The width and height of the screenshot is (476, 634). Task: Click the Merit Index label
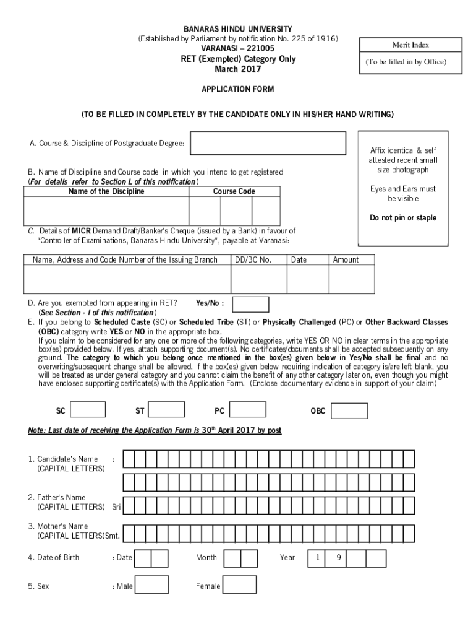pos(410,45)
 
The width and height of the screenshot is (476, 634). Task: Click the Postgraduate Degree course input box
pos(268,143)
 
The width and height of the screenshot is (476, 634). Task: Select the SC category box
pos(88,409)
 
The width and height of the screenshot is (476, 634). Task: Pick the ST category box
pos(167,409)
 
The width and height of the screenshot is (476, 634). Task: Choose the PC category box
pos(248,409)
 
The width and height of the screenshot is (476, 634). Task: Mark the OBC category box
pos(349,410)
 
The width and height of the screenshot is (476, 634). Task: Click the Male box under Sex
pos(151,584)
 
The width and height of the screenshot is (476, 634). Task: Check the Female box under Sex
pos(240,584)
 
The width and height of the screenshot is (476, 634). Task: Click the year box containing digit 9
pos(339,558)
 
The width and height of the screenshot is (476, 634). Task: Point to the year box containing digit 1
pos(317,558)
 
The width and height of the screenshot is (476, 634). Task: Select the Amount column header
pos(346,260)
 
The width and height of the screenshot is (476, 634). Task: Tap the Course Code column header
pos(234,191)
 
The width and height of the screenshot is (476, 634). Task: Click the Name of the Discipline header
pos(106,191)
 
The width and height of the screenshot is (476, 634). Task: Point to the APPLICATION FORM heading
pos(237,89)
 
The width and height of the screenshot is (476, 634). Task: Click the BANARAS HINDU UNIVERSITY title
pos(238,29)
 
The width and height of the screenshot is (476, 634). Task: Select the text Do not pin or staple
pos(403,218)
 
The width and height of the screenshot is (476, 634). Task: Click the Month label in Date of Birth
pos(206,558)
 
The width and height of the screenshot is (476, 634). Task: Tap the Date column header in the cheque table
pos(299,260)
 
